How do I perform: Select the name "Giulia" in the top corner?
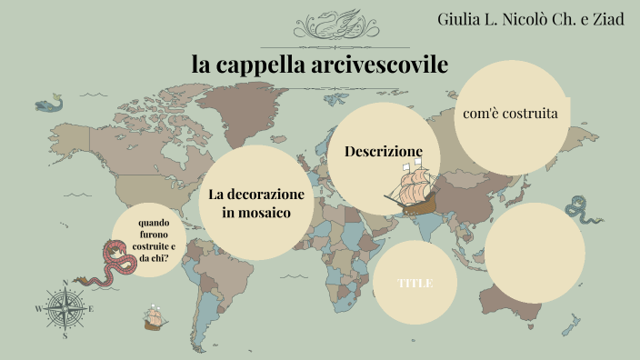461,19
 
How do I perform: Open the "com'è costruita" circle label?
510,114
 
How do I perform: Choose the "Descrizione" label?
384,151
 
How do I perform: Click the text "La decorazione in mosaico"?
255,203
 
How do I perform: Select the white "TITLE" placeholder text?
415,283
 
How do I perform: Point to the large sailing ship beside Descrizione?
410,190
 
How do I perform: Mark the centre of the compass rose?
65,308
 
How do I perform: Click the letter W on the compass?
38,309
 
